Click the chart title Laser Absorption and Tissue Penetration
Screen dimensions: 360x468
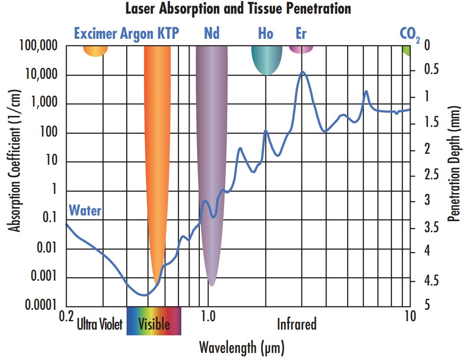point(238,8)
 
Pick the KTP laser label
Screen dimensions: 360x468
point(168,33)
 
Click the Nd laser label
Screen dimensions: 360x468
point(212,33)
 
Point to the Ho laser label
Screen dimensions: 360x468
point(266,33)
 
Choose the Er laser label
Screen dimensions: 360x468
point(301,33)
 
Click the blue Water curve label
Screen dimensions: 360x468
point(85,211)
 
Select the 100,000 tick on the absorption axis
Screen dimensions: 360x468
point(39,46)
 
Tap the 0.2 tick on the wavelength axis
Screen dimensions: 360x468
point(66,316)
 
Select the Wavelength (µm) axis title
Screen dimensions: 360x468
point(242,347)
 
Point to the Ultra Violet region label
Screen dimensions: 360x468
point(99,325)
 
